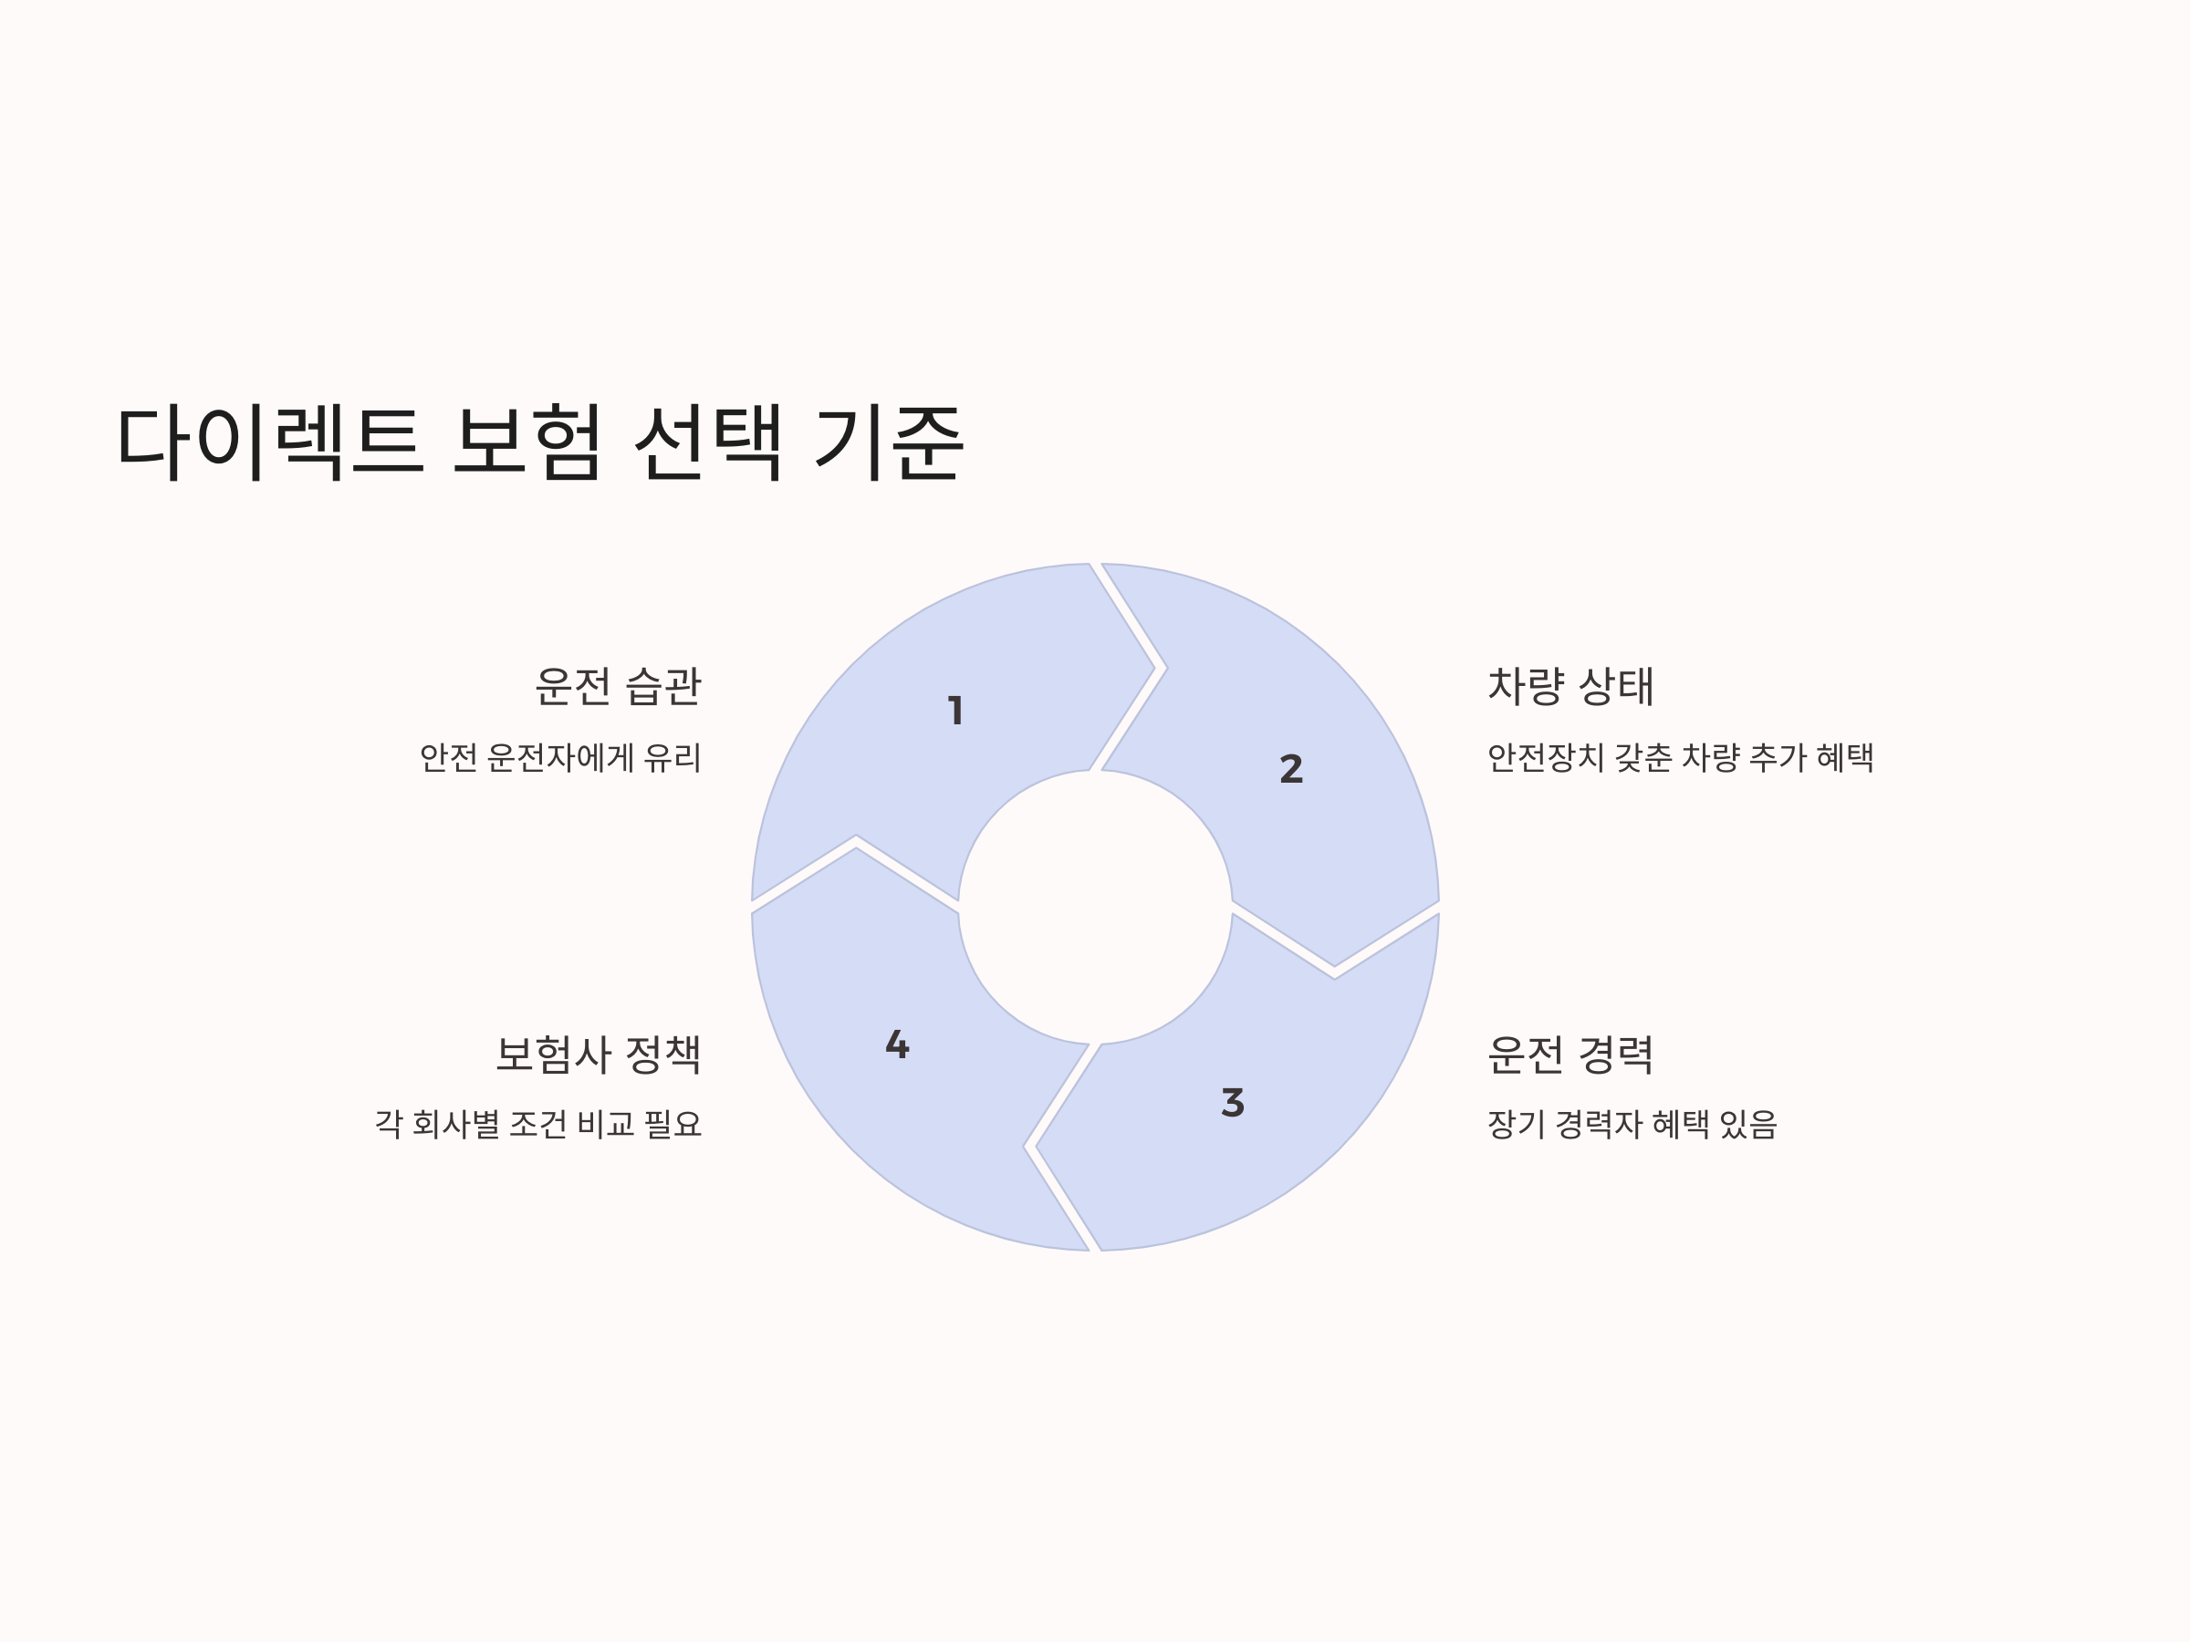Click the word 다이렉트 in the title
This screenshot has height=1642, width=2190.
click(270, 442)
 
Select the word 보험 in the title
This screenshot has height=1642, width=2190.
click(527, 442)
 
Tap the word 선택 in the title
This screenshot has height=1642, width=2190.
click(709, 442)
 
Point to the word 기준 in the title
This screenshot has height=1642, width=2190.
click(888, 442)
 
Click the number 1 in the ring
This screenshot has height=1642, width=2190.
click(955, 711)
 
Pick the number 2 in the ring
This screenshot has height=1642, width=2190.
click(1291, 769)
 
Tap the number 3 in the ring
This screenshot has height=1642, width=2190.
click(1233, 1103)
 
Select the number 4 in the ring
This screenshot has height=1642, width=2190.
click(897, 1044)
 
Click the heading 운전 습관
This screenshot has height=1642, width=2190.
click(618, 686)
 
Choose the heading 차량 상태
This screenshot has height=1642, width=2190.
click(1570, 686)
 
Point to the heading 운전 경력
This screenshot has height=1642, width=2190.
click(1570, 1055)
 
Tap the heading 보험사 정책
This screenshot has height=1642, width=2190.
click(598, 1055)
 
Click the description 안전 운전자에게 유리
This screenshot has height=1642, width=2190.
click(560, 758)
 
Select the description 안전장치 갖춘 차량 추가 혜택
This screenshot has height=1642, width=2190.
click(1680, 758)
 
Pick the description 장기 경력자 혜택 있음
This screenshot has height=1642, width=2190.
click(1632, 1125)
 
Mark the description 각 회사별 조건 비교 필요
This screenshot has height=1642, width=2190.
click(538, 1125)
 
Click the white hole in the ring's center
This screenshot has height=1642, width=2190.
click(1095, 907)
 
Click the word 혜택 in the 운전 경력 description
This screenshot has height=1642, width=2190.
click(1680, 1125)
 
